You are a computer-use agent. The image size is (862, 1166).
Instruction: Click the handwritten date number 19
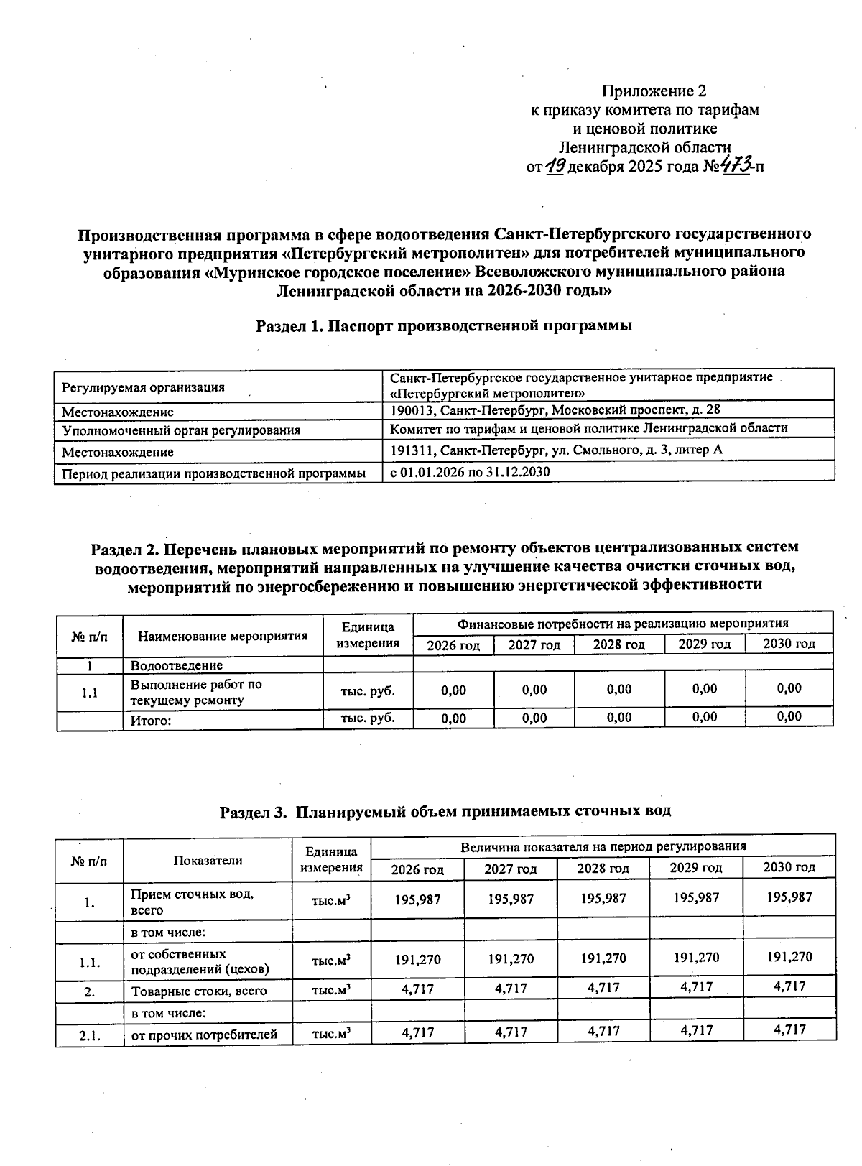[555, 167]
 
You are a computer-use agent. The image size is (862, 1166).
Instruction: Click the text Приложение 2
[654, 91]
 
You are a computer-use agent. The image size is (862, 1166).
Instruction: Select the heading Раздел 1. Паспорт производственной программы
[444, 326]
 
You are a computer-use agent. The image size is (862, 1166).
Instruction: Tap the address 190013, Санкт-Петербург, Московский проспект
[555, 410]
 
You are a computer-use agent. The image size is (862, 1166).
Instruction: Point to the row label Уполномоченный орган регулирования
[181, 431]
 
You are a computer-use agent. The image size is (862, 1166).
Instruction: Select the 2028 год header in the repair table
[618, 644]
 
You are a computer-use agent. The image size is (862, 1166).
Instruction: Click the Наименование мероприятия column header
[223, 636]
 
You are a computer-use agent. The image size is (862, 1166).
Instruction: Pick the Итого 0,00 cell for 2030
[789, 716]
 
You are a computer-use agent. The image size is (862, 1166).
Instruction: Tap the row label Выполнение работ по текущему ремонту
[195, 693]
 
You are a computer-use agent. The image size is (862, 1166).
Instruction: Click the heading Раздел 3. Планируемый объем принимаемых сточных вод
[445, 811]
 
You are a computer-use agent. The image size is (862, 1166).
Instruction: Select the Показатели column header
[208, 860]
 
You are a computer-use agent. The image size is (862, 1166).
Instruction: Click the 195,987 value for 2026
[417, 899]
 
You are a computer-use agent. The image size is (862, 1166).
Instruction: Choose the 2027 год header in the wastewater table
[510, 869]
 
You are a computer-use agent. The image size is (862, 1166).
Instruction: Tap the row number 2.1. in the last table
[89, 1035]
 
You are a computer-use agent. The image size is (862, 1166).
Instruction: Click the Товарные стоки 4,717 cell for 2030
[789, 986]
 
